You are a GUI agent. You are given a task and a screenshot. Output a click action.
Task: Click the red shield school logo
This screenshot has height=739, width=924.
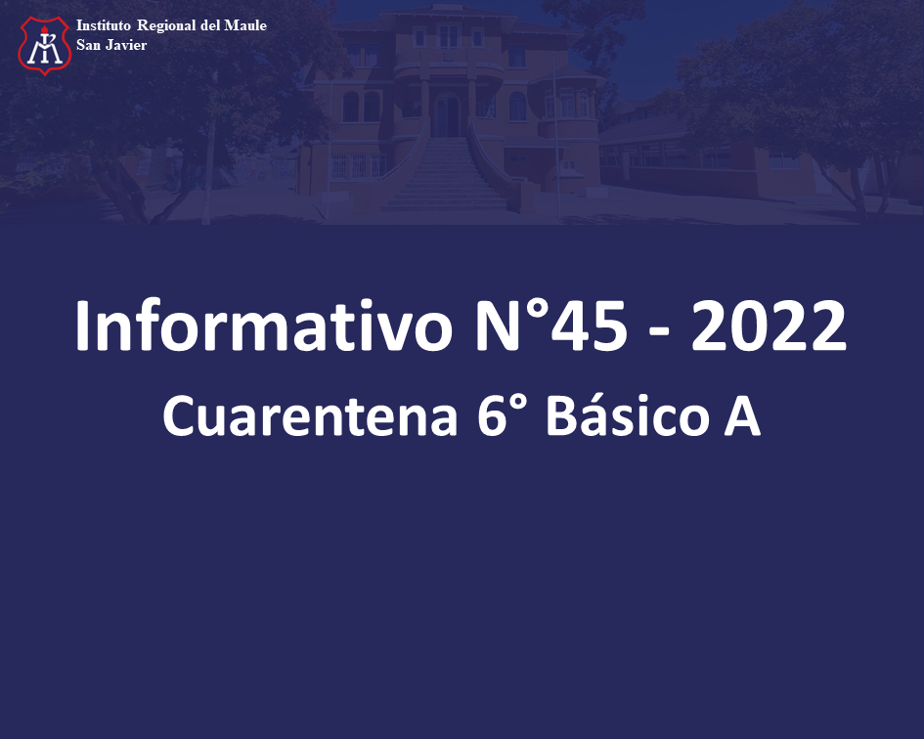(x=45, y=45)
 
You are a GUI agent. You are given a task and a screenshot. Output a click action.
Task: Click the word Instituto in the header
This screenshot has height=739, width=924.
(x=103, y=25)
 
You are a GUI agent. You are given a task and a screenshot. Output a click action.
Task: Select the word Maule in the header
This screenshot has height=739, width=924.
(x=245, y=25)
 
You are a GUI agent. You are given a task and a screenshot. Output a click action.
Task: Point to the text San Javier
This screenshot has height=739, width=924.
(x=111, y=45)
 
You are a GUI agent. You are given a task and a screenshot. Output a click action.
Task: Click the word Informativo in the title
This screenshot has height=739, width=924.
(x=264, y=326)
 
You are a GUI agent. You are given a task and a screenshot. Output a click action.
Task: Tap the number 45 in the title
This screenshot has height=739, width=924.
(x=589, y=326)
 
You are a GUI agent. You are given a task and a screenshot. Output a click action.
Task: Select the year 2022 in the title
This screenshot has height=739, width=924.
(x=769, y=326)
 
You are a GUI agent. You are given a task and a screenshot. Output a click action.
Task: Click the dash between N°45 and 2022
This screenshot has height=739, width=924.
(x=659, y=333)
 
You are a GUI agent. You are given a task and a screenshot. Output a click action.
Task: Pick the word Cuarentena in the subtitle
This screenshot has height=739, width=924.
(x=310, y=416)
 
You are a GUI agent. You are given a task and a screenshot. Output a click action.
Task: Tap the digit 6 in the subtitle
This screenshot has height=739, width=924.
(x=492, y=416)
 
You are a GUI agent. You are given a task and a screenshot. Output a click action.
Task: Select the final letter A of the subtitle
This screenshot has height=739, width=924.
(x=742, y=416)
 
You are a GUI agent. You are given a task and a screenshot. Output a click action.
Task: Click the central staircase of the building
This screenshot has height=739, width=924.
(x=445, y=174)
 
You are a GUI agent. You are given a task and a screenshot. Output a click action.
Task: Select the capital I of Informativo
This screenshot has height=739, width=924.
(x=82, y=326)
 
